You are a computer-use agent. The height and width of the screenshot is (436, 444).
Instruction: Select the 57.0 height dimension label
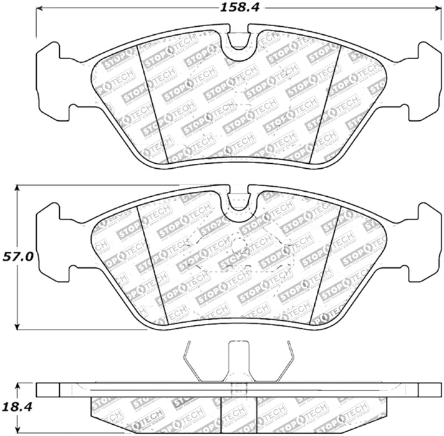pos(17,256)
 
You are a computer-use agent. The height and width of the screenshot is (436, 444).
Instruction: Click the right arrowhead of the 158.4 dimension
pos(435,9)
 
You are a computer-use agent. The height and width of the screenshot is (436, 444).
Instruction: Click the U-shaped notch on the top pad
pos(240,40)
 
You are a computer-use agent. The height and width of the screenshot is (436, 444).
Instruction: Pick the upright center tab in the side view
pos(239,361)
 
